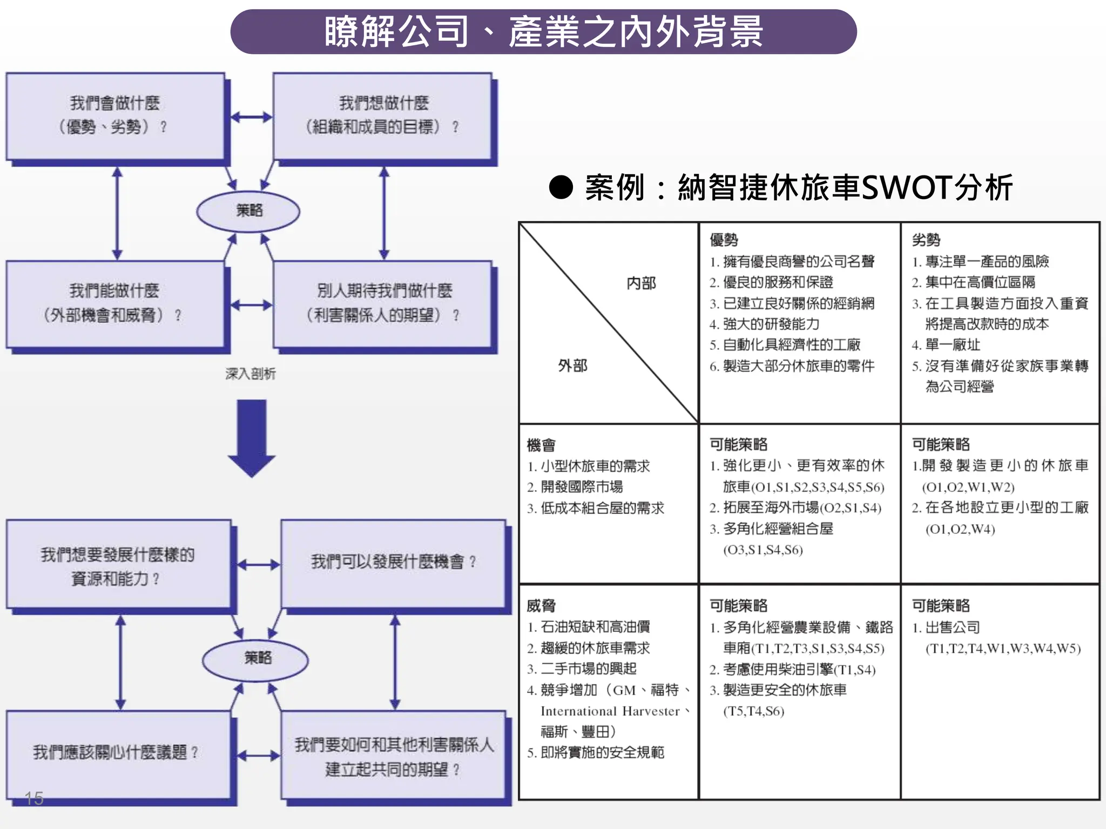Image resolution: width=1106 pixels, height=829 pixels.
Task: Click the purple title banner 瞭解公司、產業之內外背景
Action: point(543,31)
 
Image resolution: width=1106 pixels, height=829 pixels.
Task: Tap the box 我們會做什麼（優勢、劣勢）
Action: point(114,115)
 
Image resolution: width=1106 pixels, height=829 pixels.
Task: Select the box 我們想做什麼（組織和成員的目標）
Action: point(382,115)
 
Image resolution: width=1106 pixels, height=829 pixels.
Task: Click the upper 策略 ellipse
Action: point(248,210)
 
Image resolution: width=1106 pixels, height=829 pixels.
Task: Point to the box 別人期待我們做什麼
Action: point(382,303)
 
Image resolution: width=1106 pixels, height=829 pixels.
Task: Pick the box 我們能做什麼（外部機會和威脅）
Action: point(114,303)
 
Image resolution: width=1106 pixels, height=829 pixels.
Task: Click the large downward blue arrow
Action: point(252,437)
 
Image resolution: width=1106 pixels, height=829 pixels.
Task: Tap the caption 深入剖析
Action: point(250,373)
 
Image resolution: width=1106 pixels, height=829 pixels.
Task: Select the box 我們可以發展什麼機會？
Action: point(393,562)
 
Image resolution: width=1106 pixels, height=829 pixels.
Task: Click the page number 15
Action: point(33,798)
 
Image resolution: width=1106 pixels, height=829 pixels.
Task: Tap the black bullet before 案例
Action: point(561,187)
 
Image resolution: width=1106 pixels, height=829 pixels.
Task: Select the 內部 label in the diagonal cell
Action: point(641,283)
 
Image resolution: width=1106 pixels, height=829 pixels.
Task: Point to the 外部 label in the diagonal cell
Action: point(572,365)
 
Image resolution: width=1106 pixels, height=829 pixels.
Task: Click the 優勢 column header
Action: point(724,240)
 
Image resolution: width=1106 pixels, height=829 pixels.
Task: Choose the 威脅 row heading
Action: point(541,606)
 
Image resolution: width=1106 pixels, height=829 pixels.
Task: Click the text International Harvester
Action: point(610,711)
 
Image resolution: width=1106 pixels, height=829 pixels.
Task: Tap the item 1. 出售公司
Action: point(946,627)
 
